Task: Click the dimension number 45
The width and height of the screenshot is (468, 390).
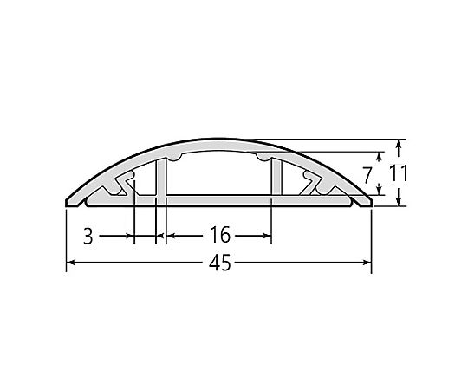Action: [x=220, y=263]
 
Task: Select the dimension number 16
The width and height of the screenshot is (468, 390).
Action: [x=220, y=235]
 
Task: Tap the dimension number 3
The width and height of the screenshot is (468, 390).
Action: [x=88, y=237]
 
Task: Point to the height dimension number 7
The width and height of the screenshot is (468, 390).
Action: [x=367, y=175]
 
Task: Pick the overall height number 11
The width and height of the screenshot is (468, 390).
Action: [x=398, y=173]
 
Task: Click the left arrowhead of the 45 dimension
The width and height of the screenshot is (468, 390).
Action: [x=70, y=263]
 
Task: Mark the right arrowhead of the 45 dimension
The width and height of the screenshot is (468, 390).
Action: [x=367, y=263]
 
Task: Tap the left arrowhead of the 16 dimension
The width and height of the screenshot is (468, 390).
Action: [x=170, y=236]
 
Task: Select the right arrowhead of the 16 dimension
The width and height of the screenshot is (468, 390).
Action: [x=267, y=236]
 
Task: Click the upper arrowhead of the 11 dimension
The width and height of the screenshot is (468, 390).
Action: [x=398, y=144]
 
